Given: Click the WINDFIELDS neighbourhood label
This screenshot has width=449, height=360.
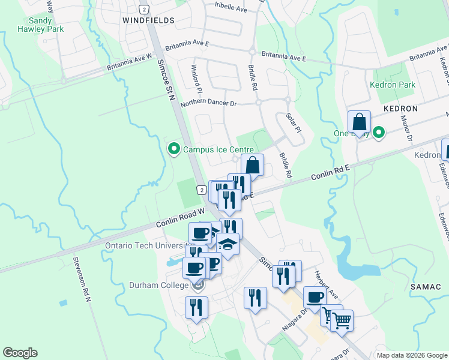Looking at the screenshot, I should [148, 20].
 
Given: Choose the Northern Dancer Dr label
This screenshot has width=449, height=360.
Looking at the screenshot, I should [209, 103].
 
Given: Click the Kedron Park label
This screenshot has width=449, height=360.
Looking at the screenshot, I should [393, 85].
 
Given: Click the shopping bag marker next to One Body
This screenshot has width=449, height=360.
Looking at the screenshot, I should [358, 122].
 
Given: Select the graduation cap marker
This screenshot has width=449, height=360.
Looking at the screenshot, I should [228, 244].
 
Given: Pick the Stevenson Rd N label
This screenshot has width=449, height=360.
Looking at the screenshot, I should [80, 279].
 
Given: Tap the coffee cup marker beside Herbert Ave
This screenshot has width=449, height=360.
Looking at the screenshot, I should [315, 297].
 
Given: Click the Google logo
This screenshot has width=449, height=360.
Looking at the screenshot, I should [20, 353].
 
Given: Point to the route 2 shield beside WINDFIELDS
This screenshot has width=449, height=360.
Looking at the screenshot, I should [143, 9].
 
